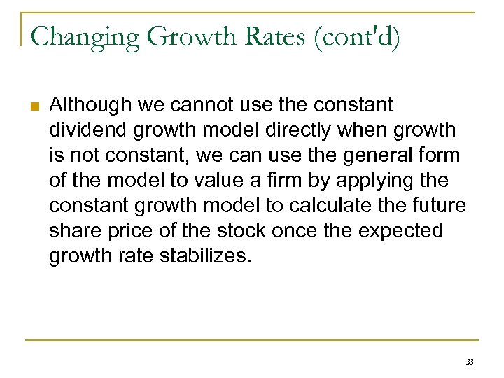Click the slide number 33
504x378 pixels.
point(469,362)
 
